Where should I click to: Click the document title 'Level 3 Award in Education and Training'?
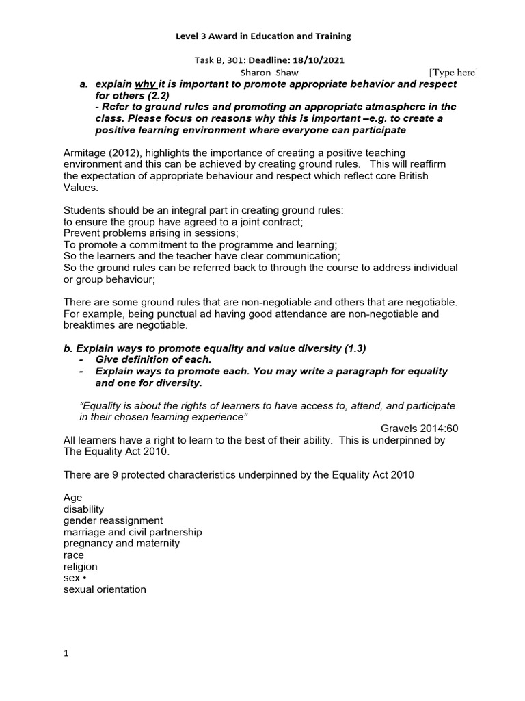coord(262,36)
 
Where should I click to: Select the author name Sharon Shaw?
coord(269,72)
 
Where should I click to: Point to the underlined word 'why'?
coord(145,84)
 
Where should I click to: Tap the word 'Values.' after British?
coord(81,187)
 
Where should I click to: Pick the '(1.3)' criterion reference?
coord(353,348)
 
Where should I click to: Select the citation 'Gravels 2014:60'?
coord(418,429)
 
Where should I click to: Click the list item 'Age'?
coord(72,498)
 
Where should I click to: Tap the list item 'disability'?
coord(83,509)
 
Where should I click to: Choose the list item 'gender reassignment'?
coord(113,520)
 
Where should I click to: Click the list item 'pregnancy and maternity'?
coord(121,543)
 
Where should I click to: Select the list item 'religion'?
coord(80,566)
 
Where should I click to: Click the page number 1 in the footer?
coord(66,653)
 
